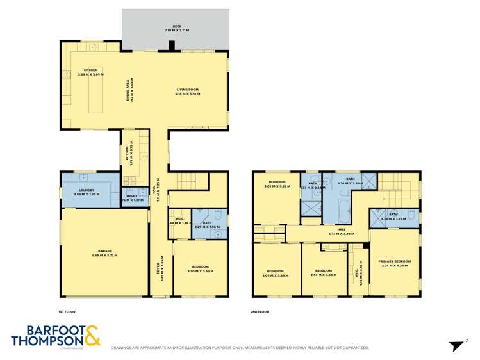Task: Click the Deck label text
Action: [176, 28]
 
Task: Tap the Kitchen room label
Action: [90, 72]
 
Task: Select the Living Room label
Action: [187, 92]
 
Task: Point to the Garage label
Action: [105, 253]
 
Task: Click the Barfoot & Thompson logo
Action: [56, 336]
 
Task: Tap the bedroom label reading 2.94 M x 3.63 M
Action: [323, 272]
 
